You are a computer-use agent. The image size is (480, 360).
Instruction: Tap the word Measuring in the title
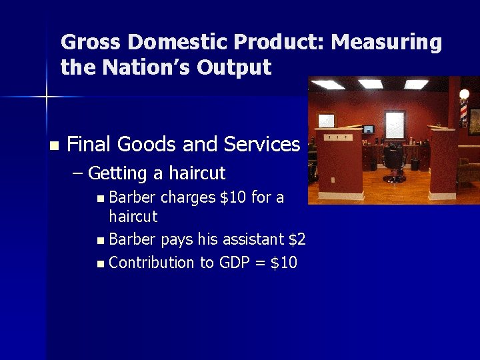coord(387,42)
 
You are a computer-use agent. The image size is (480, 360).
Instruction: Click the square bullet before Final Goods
coord(54,145)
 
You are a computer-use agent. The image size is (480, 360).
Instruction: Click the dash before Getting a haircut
coord(77,174)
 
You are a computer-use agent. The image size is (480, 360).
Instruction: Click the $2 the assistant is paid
coord(297,239)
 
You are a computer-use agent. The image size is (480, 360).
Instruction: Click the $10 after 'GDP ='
coord(284,263)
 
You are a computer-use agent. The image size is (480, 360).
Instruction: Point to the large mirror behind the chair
coord(395,124)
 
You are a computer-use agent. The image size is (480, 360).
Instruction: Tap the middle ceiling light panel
coord(370,84)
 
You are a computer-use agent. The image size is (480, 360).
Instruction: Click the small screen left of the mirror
coord(369,129)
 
